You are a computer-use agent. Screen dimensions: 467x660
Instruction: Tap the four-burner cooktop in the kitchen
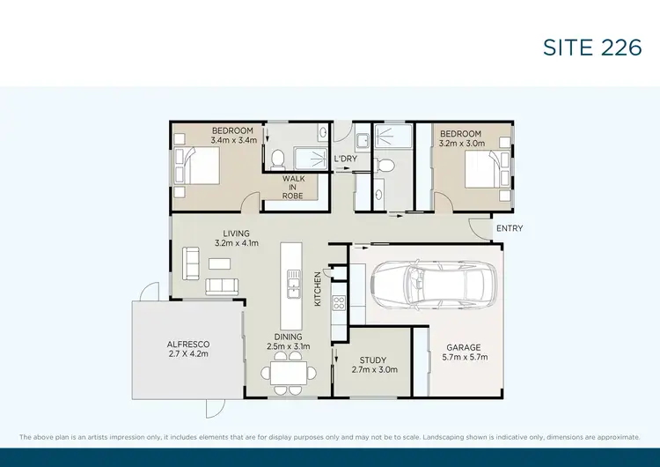pyautogui.click(x=339, y=304)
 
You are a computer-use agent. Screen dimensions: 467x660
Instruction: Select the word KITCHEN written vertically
pyautogui.click(x=319, y=289)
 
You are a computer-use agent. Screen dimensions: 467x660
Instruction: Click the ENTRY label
pyautogui.click(x=510, y=228)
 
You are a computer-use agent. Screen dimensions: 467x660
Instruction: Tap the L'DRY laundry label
pyautogui.click(x=345, y=159)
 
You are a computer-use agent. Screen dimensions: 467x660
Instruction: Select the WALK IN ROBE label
pyautogui.click(x=293, y=187)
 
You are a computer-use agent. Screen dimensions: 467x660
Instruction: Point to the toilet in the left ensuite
pyautogui.click(x=277, y=159)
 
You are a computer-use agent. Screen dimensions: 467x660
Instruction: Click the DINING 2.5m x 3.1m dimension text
pyautogui.click(x=289, y=342)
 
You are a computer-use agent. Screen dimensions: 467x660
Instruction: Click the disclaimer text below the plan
pyautogui.click(x=329, y=437)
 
